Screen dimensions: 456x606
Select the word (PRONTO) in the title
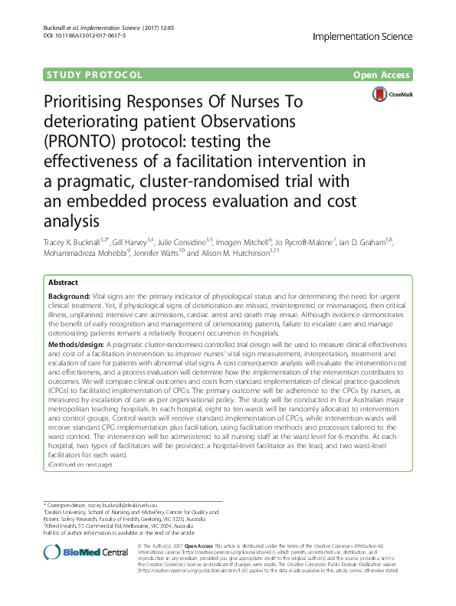(x=76, y=141)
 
